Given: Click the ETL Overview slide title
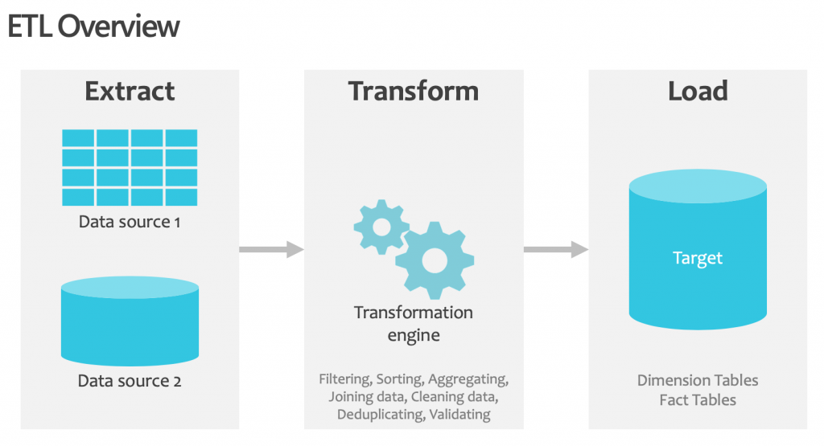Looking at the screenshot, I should tap(93, 27).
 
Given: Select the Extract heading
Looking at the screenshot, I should tap(130, 91).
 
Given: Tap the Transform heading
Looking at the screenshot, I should tap(414, 91).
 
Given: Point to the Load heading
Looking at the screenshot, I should tap(698, 91).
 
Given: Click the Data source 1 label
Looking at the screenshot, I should tap(130, 221).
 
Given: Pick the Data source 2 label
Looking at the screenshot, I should tap(130, 381).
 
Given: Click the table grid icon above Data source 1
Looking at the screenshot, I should tap(130, 166).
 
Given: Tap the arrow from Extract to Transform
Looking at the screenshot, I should tap(271, 250).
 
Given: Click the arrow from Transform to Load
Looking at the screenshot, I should tap(555, 250).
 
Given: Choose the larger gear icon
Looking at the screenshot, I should tap(434, 259).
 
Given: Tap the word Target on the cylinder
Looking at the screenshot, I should tap(698, 259).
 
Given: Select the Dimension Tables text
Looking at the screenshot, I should tap(698, 380).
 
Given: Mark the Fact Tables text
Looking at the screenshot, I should tap(698, 399).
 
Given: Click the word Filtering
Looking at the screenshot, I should tap(344, 378).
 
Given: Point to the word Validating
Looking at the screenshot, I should tap(460, 415).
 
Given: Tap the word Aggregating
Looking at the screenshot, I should tap(468, 378).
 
